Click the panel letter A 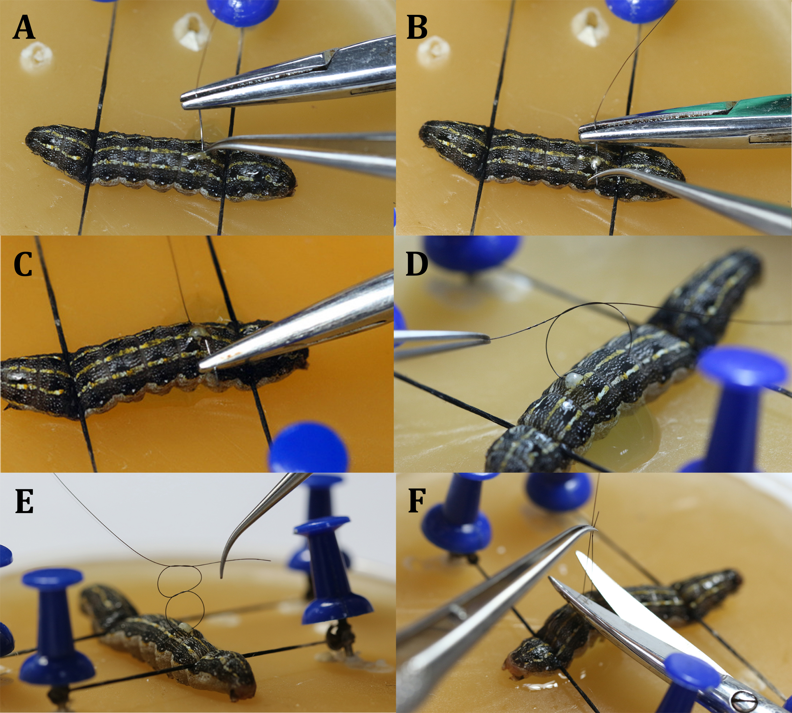(x=24, y=28)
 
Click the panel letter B (x=417, y=28)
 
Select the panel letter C (x=23, y=264)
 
